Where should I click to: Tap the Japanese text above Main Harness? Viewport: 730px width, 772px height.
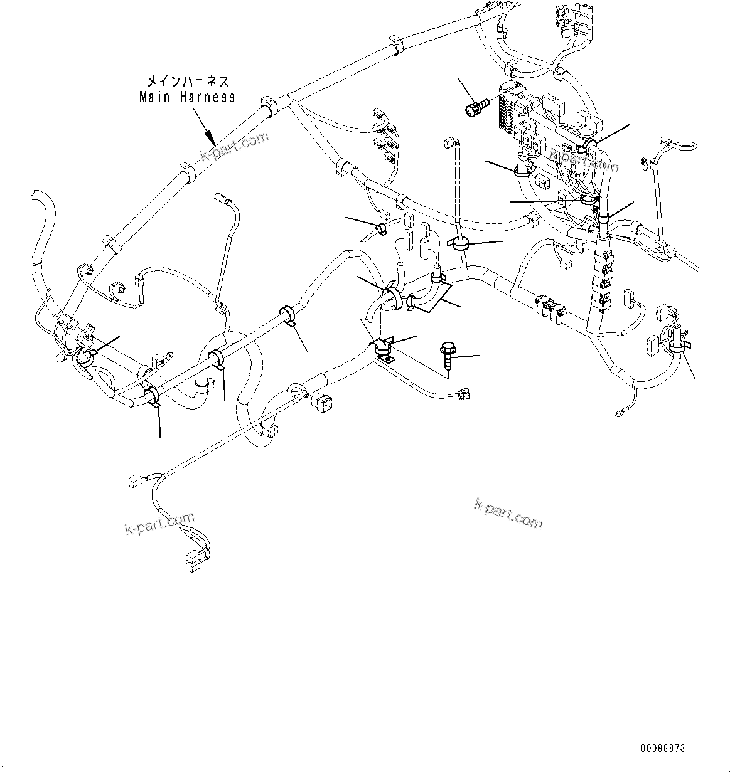pos(188,81)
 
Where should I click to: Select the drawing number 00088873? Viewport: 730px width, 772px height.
pos(663,749)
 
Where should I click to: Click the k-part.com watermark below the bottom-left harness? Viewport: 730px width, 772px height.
pos(159,524)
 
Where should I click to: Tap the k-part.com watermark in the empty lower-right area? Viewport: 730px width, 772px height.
pos(508,514)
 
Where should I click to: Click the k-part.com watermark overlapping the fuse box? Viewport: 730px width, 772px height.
pos(584,159)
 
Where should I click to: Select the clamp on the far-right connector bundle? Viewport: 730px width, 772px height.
pos(677,345)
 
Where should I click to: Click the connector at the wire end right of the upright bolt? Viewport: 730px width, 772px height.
pos(465,394)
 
